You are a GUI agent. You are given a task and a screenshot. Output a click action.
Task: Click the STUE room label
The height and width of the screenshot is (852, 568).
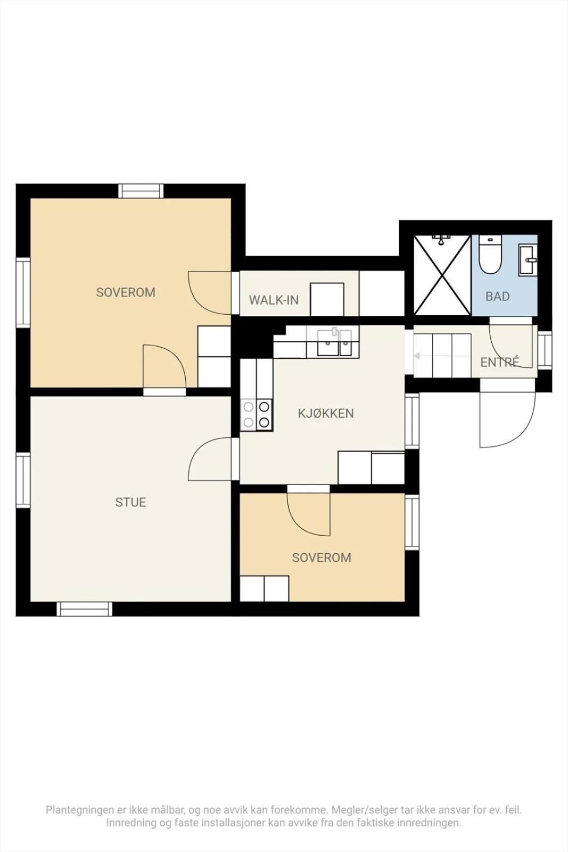pyautogui.click(x=130, y=503)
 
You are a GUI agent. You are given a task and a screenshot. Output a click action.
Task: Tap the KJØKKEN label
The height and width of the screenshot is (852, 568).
pyautogui.click(x=326, y=413)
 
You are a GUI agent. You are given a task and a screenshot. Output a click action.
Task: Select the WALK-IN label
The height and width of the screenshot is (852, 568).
pyautogui.click(x=274, y=300)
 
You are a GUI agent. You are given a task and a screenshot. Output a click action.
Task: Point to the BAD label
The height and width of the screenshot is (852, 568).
pyautogui.click(x=497, y=296)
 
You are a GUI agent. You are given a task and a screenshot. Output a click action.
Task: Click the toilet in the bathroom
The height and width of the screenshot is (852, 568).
pyautogui.click(x=490, y=254)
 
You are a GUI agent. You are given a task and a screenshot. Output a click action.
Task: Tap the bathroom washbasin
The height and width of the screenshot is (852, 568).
pyautogui.click(x=528, y=260)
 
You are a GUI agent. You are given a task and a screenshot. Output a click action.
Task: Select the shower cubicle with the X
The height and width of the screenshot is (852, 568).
pyautogui.click(x=442, y=275)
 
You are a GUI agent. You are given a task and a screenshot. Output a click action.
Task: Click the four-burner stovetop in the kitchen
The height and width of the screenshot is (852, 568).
pyautogui.click(x=257, y=415)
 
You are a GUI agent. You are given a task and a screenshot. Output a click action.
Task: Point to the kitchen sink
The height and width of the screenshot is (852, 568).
pyautogui.click(x=334, y=342)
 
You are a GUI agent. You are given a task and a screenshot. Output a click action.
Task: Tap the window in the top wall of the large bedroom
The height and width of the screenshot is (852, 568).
pyautogui.click(x=141, y=191)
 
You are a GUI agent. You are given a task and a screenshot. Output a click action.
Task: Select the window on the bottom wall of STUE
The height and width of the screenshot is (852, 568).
pyautogui.click(x=85, y=609)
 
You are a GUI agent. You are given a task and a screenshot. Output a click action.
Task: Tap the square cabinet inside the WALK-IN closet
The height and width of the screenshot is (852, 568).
pyautogui.click(x=327, y=299)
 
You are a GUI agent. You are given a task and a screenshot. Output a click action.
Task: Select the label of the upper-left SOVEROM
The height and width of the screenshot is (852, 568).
pyautogui.click(x=126, y=292)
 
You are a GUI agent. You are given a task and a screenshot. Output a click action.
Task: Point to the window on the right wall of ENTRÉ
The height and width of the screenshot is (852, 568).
pyautogui.click(x=545, y=350)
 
